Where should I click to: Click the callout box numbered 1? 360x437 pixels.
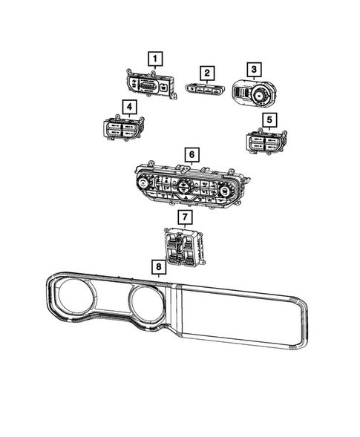click(155, 57)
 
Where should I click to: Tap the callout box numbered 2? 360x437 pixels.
click(207, 73)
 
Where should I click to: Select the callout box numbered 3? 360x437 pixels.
click(254, 70)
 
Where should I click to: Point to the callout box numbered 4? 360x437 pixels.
click(131, 108)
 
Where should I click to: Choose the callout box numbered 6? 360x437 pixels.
click(191, 155)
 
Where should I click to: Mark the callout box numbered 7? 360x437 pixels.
click(185, 217)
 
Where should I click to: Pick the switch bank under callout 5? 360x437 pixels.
click(264, 142)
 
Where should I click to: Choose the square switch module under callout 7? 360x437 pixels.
click(183, 248)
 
